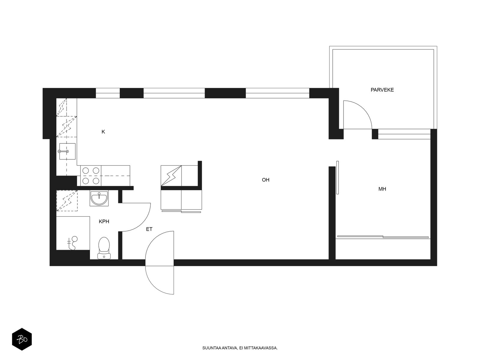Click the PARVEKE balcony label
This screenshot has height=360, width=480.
click(382, 90)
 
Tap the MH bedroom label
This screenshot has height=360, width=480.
click(382, 189)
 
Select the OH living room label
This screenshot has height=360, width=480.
click(265, 180)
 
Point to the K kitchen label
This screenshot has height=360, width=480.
click(103, 132)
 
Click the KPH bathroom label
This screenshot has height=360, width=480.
click(104, 222)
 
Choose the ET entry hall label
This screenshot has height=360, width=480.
click(149, 229)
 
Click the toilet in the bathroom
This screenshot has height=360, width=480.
click(104, 248)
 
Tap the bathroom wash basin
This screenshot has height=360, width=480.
click(99, 198)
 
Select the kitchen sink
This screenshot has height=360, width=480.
click(67, 151)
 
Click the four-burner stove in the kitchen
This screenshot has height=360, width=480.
click(91, 175)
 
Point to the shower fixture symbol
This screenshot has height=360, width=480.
click(73, 243)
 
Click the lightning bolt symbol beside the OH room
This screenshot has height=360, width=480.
click(171, 175)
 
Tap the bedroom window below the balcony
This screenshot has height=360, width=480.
click(404, 134)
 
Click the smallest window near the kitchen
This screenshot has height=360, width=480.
click(108, 93)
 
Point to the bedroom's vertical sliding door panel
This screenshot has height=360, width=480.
click(337, 178)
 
